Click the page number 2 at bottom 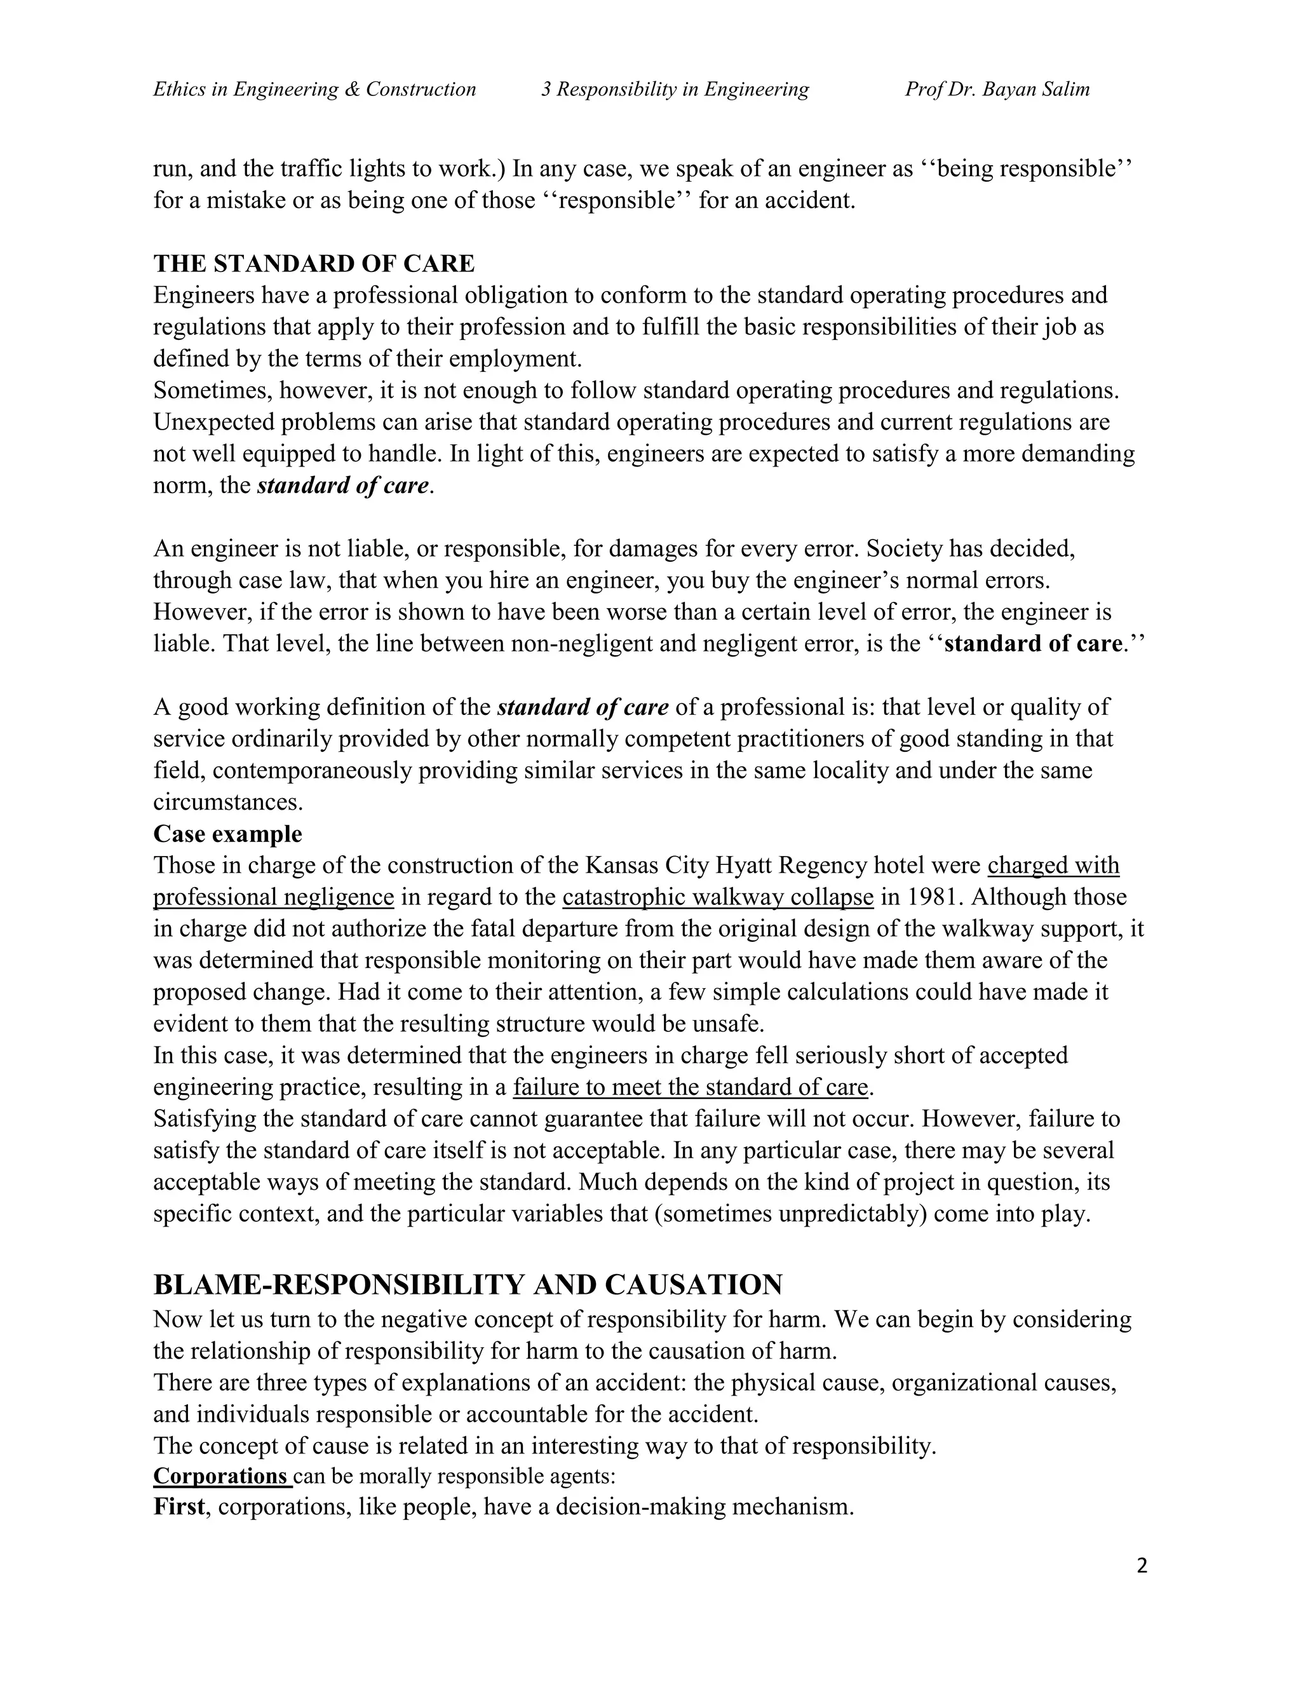coord(1142,1566)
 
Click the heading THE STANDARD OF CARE coord(314,264)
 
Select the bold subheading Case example coord(227,834)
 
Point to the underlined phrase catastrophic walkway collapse coord(718,897)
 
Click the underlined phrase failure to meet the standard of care coord(690,1087)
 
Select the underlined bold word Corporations coord(220,1476)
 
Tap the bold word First coord(179,1507)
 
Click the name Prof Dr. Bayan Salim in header coord(997,90)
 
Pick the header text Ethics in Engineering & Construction coord(314,90)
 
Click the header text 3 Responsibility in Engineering coord(675,90)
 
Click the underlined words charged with coord(1053,865)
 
